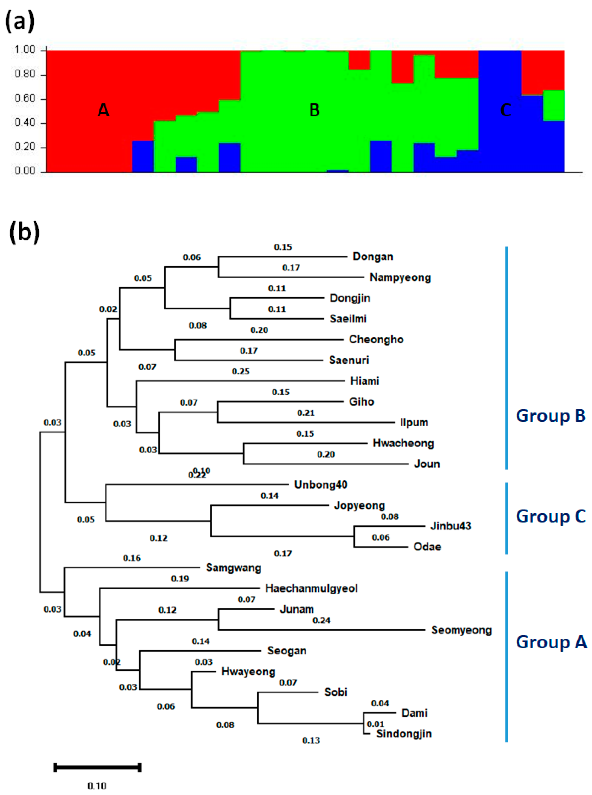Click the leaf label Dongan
coord(373,257)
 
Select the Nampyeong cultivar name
coord(400,277)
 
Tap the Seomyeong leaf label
coord(461,630)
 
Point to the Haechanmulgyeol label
coord(311,589)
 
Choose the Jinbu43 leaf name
coord(450,526)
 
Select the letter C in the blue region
coord(505,110)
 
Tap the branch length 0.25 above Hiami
coord(240,371)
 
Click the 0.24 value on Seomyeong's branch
coord(321,620)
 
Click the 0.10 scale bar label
coord(97,786)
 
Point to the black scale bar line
coord(97,767)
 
